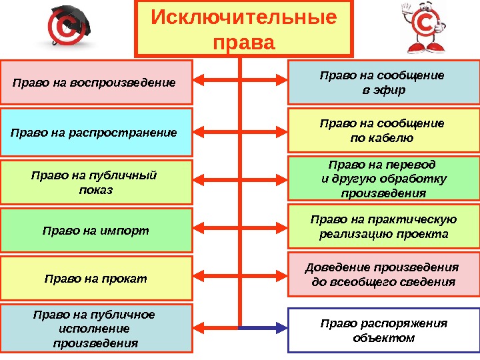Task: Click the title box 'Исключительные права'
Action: point(244,28)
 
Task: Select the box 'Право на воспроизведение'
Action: point(96,83)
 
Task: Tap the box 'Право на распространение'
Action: point(96,132)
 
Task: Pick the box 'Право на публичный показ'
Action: point(96,182)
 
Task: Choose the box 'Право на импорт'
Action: point(96,231)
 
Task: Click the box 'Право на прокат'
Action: point(96,278)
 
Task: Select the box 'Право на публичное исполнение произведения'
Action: point(96,329)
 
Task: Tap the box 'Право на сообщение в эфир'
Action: point(383,83)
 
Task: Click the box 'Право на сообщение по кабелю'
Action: point(383,131)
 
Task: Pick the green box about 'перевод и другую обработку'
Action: point(383,179)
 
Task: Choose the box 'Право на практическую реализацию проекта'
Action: point(383,227)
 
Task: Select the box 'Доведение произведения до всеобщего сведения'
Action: point(383,274)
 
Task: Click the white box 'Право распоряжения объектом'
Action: point(383,330)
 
